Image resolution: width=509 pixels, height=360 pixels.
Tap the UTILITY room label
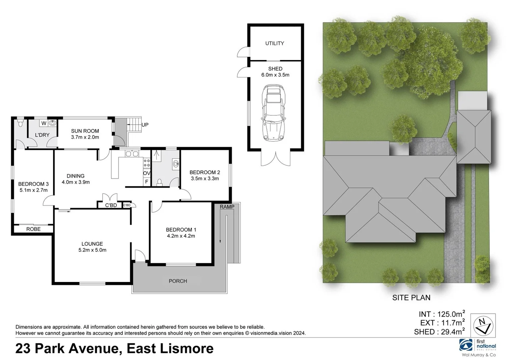(x=275, y=43)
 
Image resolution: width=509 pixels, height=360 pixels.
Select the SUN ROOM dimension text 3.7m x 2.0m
(x=85, y=137)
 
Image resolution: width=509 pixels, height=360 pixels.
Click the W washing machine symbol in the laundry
(x=44, y=123)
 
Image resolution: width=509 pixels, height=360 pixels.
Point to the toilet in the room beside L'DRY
(x=20, y=124)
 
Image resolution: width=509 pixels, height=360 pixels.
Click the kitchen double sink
(x=132, y=154)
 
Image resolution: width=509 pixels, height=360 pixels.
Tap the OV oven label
(x=146, y=173)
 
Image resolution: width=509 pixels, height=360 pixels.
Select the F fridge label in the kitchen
(x=146, y=182)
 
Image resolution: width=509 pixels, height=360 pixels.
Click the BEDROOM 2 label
(x=204, y=172)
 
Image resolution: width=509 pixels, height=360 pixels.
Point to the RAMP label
(x=227, y=207)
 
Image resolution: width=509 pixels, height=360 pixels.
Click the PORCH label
(x=178, y=281)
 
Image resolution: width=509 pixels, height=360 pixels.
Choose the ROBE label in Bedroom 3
(x=33, y=229)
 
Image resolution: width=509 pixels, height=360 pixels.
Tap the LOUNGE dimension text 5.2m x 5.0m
(x=92, y=250)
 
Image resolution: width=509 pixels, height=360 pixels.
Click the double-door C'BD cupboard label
(x=111, y=205)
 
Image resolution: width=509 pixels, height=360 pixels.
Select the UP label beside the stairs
(x=145, y=125)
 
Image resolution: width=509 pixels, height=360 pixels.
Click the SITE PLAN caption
(x=411, y=298)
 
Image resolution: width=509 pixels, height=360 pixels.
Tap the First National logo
(x=478, y=345)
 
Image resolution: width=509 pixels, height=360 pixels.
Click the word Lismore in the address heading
(x=187, y=349)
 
